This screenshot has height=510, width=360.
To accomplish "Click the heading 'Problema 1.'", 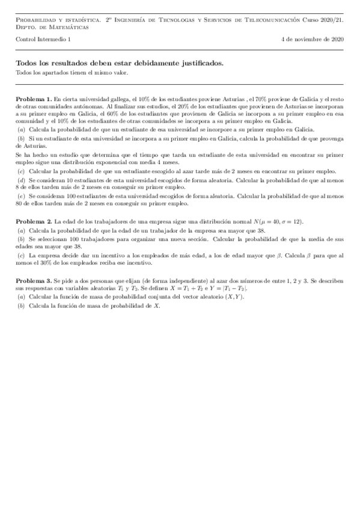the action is [33, 98].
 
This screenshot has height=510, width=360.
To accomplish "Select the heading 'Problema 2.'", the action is [33, 221].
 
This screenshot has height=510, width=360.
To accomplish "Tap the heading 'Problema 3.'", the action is [33, 281].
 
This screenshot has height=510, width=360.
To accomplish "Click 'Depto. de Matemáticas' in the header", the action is [51, 26].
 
